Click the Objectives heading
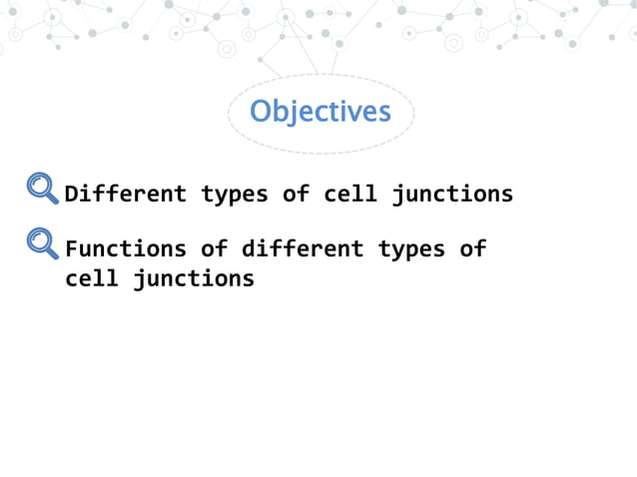[319, 111]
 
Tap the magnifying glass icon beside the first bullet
[42, 188]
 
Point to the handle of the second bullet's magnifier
[53, 253]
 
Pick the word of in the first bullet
[296, 194]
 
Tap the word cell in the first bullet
[349, 194]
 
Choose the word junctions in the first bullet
[452, 195]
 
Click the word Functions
[126, 248]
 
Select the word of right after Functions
[214, 248]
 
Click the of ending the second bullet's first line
[472, 248]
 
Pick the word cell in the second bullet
[92, 278]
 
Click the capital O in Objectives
[260, 111]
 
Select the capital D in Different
[72, 194]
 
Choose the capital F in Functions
[72, 248]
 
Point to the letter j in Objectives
[293, 113]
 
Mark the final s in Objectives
[384, 113]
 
